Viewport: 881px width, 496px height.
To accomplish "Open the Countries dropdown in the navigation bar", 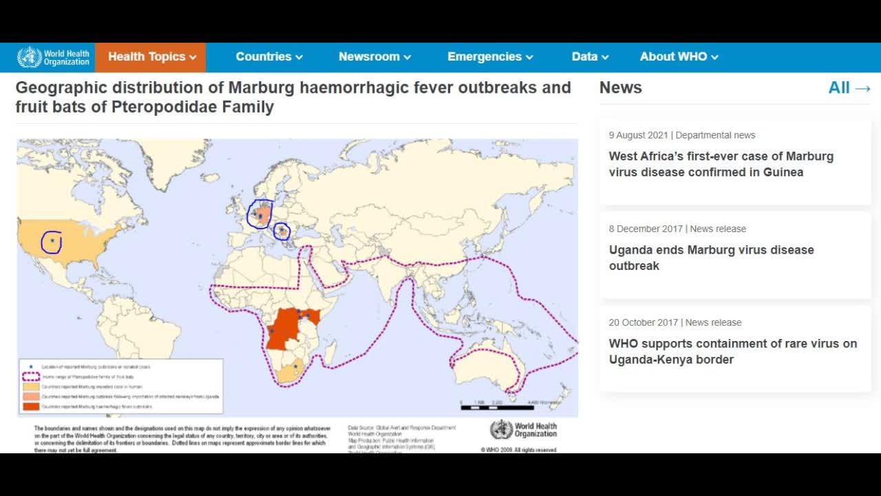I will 269,57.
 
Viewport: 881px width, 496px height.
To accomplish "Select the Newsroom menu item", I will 374,57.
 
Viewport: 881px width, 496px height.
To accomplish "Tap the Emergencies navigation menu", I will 490,57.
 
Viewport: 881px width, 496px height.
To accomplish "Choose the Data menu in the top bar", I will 590,57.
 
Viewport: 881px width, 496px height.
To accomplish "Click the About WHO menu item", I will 679,57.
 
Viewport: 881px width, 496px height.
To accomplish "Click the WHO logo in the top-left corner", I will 53,57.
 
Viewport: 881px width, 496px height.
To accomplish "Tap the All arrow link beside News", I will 849,88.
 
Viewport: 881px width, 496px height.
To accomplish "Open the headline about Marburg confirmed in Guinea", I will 721,164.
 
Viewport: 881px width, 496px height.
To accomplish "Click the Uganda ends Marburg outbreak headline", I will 711,258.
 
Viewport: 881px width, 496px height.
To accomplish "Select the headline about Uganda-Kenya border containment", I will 732,351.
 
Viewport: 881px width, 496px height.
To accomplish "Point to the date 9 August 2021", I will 638,135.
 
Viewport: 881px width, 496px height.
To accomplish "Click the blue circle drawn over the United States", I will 52,242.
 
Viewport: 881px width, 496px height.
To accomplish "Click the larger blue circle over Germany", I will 260,214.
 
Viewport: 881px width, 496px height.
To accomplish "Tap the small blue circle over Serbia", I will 282,231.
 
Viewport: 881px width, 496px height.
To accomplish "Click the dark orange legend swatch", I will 31,407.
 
